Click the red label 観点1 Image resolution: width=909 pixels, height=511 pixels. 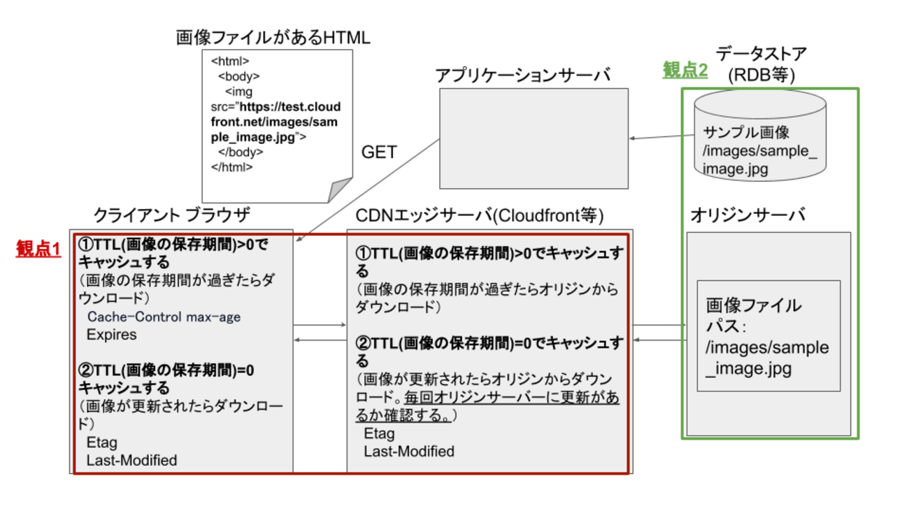(38, 249)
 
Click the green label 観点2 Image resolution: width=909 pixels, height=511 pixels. (685, 70)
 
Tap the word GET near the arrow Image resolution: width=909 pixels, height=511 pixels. (379, 152)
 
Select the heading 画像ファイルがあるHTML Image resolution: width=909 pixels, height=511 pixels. (273, 38)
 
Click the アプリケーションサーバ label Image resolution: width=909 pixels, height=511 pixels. (522, 75)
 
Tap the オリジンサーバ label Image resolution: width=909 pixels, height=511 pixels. (747, 215)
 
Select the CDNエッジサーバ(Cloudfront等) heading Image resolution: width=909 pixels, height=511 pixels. (480, 215)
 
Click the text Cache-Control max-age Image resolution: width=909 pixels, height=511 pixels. (164, 317)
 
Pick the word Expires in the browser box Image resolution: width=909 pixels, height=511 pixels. (112, 335)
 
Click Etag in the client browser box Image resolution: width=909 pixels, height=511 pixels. (102, 442)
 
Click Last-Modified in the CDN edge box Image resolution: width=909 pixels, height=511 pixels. (409, 452)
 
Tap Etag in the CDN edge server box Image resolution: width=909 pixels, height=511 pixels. (379, 434)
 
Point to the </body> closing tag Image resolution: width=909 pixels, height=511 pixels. (241, 152)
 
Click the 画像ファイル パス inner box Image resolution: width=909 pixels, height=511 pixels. (768, 336)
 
